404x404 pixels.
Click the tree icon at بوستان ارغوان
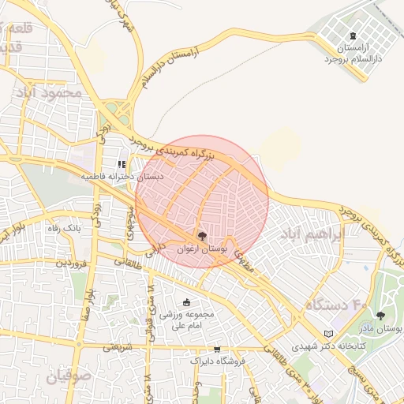coord(202,236)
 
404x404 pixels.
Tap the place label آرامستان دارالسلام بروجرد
coord(353,54)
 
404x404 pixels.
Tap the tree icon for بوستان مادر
coord(380,316)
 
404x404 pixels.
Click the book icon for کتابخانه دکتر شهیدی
coord(329,334)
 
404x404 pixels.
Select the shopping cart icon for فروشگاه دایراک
coord(217,349)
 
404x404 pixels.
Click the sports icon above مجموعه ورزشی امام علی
coord(186,301)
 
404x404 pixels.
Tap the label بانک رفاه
coord(64,228)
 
